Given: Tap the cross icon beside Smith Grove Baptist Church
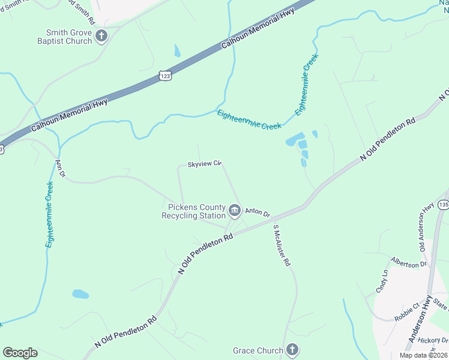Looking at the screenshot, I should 101,36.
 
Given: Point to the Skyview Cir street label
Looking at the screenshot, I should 205,163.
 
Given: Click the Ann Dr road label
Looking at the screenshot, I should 59,169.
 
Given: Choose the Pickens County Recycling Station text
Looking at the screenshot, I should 193,211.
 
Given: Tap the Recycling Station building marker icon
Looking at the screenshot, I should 234,211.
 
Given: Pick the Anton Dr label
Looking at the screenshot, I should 258,212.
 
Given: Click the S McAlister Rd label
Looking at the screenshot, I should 282,245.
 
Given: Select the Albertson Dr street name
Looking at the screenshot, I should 408,263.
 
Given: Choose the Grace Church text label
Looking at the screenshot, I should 258,350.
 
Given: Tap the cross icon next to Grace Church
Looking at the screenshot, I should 292,350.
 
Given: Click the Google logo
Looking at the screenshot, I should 20,353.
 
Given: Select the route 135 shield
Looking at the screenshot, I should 444,205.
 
